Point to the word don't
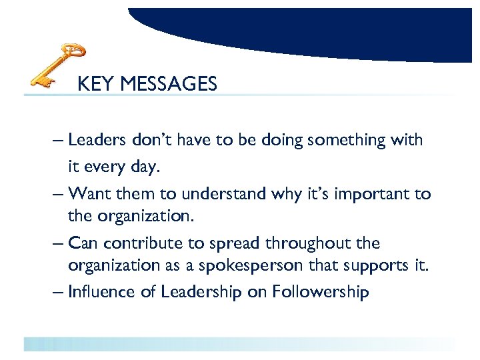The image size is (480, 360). point(151,140)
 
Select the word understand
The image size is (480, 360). point(226,194)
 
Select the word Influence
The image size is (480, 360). point(101,292)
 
